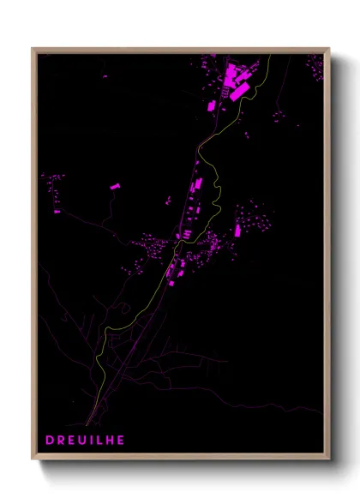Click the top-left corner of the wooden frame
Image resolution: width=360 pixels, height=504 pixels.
point(33,49)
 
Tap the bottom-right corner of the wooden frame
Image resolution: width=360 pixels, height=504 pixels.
point(329,460)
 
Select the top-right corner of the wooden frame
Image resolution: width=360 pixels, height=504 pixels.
point(329,49)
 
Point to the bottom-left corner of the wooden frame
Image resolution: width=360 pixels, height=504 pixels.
point(33,460)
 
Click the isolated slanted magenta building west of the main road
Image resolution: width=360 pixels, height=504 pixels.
point(115,184)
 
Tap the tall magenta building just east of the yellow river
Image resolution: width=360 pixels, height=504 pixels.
point(237,231)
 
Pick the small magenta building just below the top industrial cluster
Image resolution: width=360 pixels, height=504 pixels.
point(212,105)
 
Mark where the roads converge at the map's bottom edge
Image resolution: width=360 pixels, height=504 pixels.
point(87,423)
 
